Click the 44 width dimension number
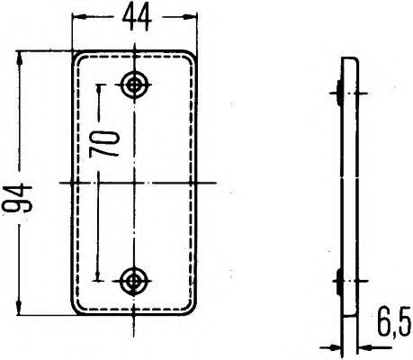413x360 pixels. point(138,15)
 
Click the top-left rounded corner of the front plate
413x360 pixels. point(78,56)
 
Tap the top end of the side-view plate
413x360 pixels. point(349,59)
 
